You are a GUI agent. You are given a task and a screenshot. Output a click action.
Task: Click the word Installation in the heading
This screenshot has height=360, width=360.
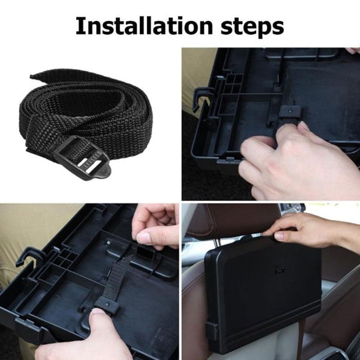[x=144, y=26]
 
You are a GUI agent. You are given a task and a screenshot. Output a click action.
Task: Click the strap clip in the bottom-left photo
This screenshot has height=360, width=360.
[x=106, y=306]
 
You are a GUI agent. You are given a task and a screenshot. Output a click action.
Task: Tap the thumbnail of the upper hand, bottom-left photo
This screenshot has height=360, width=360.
[x=144, y=238]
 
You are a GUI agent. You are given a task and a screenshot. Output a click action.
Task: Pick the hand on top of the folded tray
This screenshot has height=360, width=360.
[x=308, y=232]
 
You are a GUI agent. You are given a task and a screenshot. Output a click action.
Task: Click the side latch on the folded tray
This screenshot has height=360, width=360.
[x=211, y=331]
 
